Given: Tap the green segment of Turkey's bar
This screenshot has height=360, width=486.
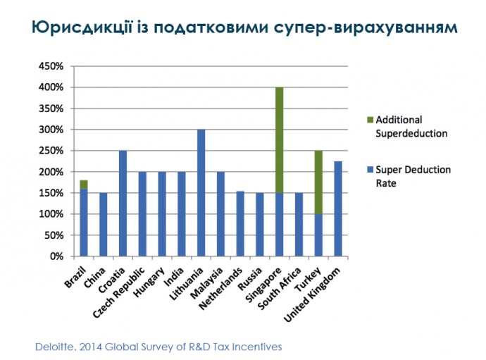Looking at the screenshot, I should [x=319, y=182].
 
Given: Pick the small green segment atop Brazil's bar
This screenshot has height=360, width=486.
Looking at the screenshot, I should [x=84, y=184].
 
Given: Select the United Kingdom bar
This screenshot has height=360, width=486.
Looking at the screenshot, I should [x=339, y=209].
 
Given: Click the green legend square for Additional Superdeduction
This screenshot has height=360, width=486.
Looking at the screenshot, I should [x=370, y=119].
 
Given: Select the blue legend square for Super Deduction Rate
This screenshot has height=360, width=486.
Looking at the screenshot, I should [x=370, y=170].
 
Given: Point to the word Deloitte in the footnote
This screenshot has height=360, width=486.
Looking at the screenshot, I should [x=56, y=347].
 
